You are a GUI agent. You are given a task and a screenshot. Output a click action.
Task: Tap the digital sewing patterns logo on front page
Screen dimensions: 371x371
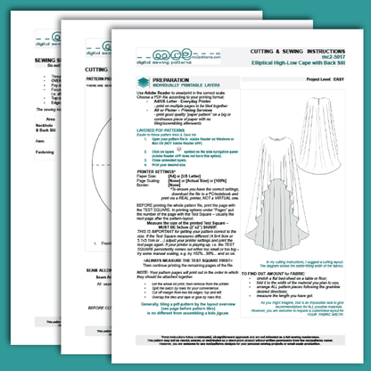pyautogui.click(x=151, y=58)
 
